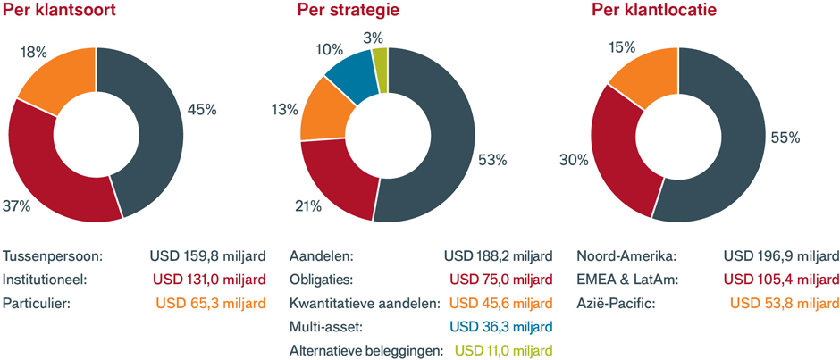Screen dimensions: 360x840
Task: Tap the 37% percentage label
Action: point(18,205)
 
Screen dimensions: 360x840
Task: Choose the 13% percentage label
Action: point(285,110)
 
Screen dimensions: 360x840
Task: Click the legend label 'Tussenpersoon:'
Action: point(54,256)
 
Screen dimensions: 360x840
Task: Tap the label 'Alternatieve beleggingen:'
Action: point(366,349)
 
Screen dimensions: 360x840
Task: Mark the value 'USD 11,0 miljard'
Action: point(504,349)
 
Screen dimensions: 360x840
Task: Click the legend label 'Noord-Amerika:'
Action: point(625,256)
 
